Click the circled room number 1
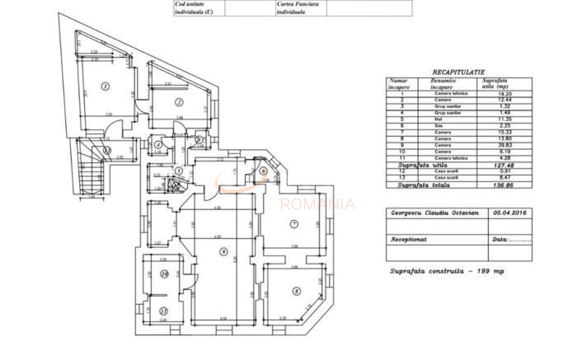tap(106, 86)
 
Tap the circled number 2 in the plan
tap(179, 102)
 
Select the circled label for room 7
tap(294, 224)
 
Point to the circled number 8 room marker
tap(296, 291)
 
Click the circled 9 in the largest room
tap(223, 251)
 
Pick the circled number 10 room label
tap(164, 274)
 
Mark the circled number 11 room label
tap(164, 311)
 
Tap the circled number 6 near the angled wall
tap(263, 171)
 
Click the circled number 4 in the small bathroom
tap(158, 145)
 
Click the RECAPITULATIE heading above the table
tap(458, 72)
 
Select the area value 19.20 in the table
tap(505, 94)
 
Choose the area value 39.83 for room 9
tap(505, 145)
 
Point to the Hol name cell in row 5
tap(439, 119)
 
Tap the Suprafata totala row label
tap(423, 185)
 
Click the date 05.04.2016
tap(510, 213)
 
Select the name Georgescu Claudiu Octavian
tap(434, 213)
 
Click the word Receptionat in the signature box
tap(409, 239)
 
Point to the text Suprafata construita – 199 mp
tap(447, 271)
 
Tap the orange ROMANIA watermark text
tap(317, 204)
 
